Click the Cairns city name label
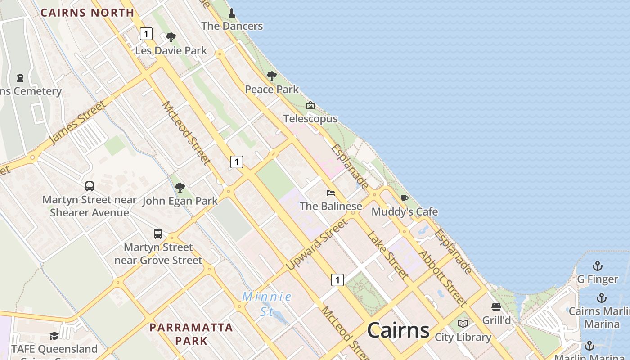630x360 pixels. pyautogui.click(x=398, y=330)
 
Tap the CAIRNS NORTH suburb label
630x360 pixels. pyautogui.click(x=87, y=13)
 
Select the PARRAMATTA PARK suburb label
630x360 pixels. pyautogui.click(x=191, y=333)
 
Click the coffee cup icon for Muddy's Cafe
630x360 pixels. pyautogui.click(x=404, y=198)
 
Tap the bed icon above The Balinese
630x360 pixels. pyautogui.click(x=331, y=193)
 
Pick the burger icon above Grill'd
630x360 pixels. pyautogui.click(x=496, y=307)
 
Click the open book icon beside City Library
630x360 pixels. pyautogui.click(x=463, y=324)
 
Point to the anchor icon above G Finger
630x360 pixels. pyautogui.click(x=598, y=266)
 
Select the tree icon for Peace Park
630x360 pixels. pyautogui.click(x=271, y=76)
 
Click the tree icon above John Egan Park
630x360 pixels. pyautogui.click(x=180, y=187)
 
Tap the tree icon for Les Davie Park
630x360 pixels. pyautogui.click(x=171, y=37)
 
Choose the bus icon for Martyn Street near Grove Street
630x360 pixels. pyautogui.click(x=158, y=234)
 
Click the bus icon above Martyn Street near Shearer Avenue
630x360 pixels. pyautogui.click(x=90, y=186)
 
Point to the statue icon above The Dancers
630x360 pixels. pyautogui.click(x=232, y=13)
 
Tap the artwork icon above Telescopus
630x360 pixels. pyautogui.click(x=310, y=106)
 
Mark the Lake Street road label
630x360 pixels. pyautogui.click(x=387, y=255)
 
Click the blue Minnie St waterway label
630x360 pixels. pyautogui.click(x=267, y=304)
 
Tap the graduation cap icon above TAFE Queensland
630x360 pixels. pyautogui.click(x=54, y=336)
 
